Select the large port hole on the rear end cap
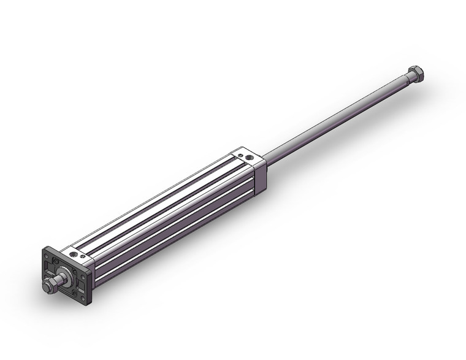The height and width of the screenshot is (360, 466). click(x=250, y=158)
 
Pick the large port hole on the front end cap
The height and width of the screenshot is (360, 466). click(x=74, y=254)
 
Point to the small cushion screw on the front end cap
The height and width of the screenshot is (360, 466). click(x=83, y=256)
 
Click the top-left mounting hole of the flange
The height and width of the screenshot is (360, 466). click(x=46, y=256)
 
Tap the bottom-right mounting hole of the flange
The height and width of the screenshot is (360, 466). click(x=83, y=298)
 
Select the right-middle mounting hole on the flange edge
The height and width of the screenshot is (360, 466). click(x=83, y=277)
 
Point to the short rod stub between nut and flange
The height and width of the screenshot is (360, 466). click(x=60, y=280)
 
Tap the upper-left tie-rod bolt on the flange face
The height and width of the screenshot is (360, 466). click(x=55, y=261)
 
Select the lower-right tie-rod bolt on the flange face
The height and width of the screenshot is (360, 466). click(x=74, y=292)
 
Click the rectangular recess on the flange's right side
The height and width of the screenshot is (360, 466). click(x=81, y=285)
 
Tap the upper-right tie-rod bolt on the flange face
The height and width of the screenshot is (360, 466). click(x=75, y=270)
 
